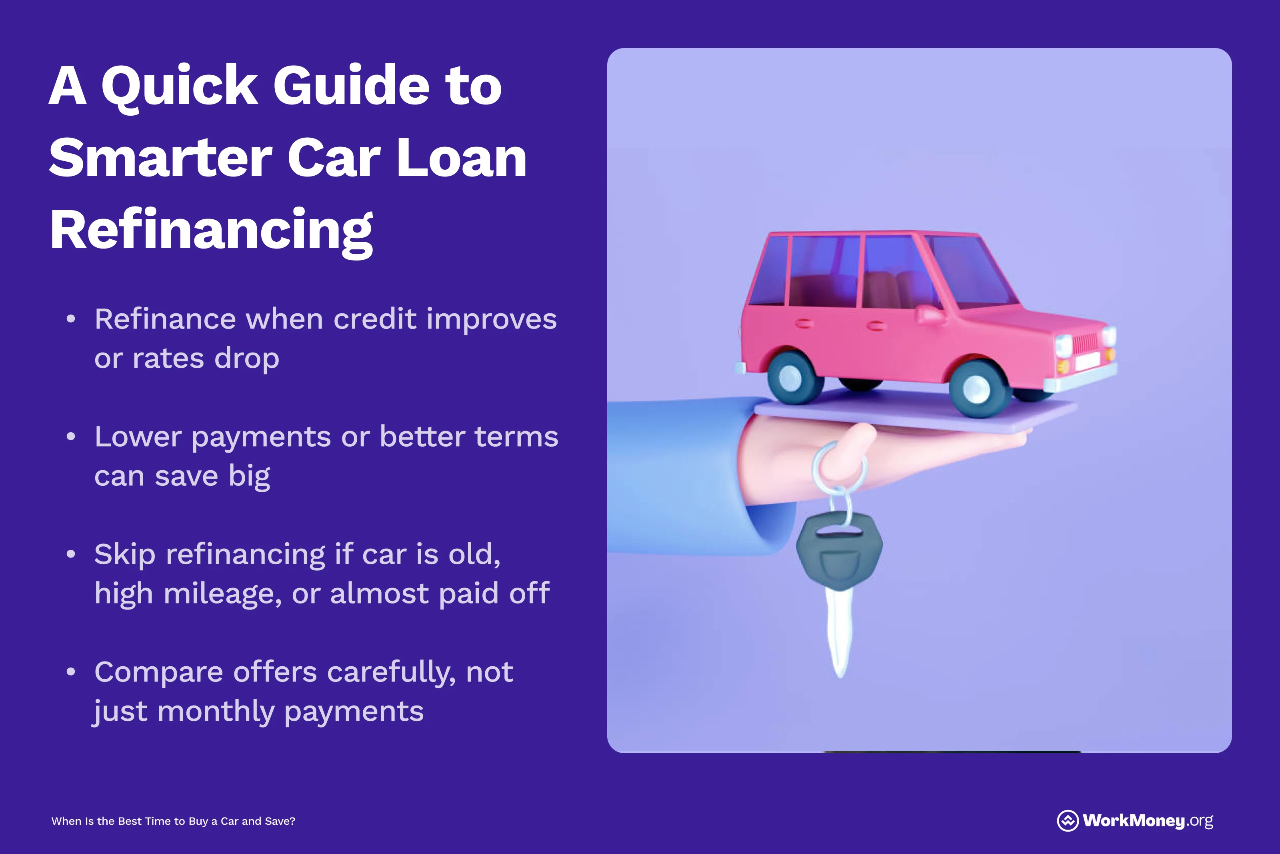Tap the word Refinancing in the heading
[211, 231]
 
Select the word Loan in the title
[462, 158]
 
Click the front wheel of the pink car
[976, 389]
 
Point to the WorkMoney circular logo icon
[1067, 821]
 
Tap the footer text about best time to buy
[173, 821]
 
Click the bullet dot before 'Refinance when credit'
[71, 319]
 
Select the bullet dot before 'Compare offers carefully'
[71, 672]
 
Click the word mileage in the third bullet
[222, 593]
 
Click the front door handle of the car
[876, 326]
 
